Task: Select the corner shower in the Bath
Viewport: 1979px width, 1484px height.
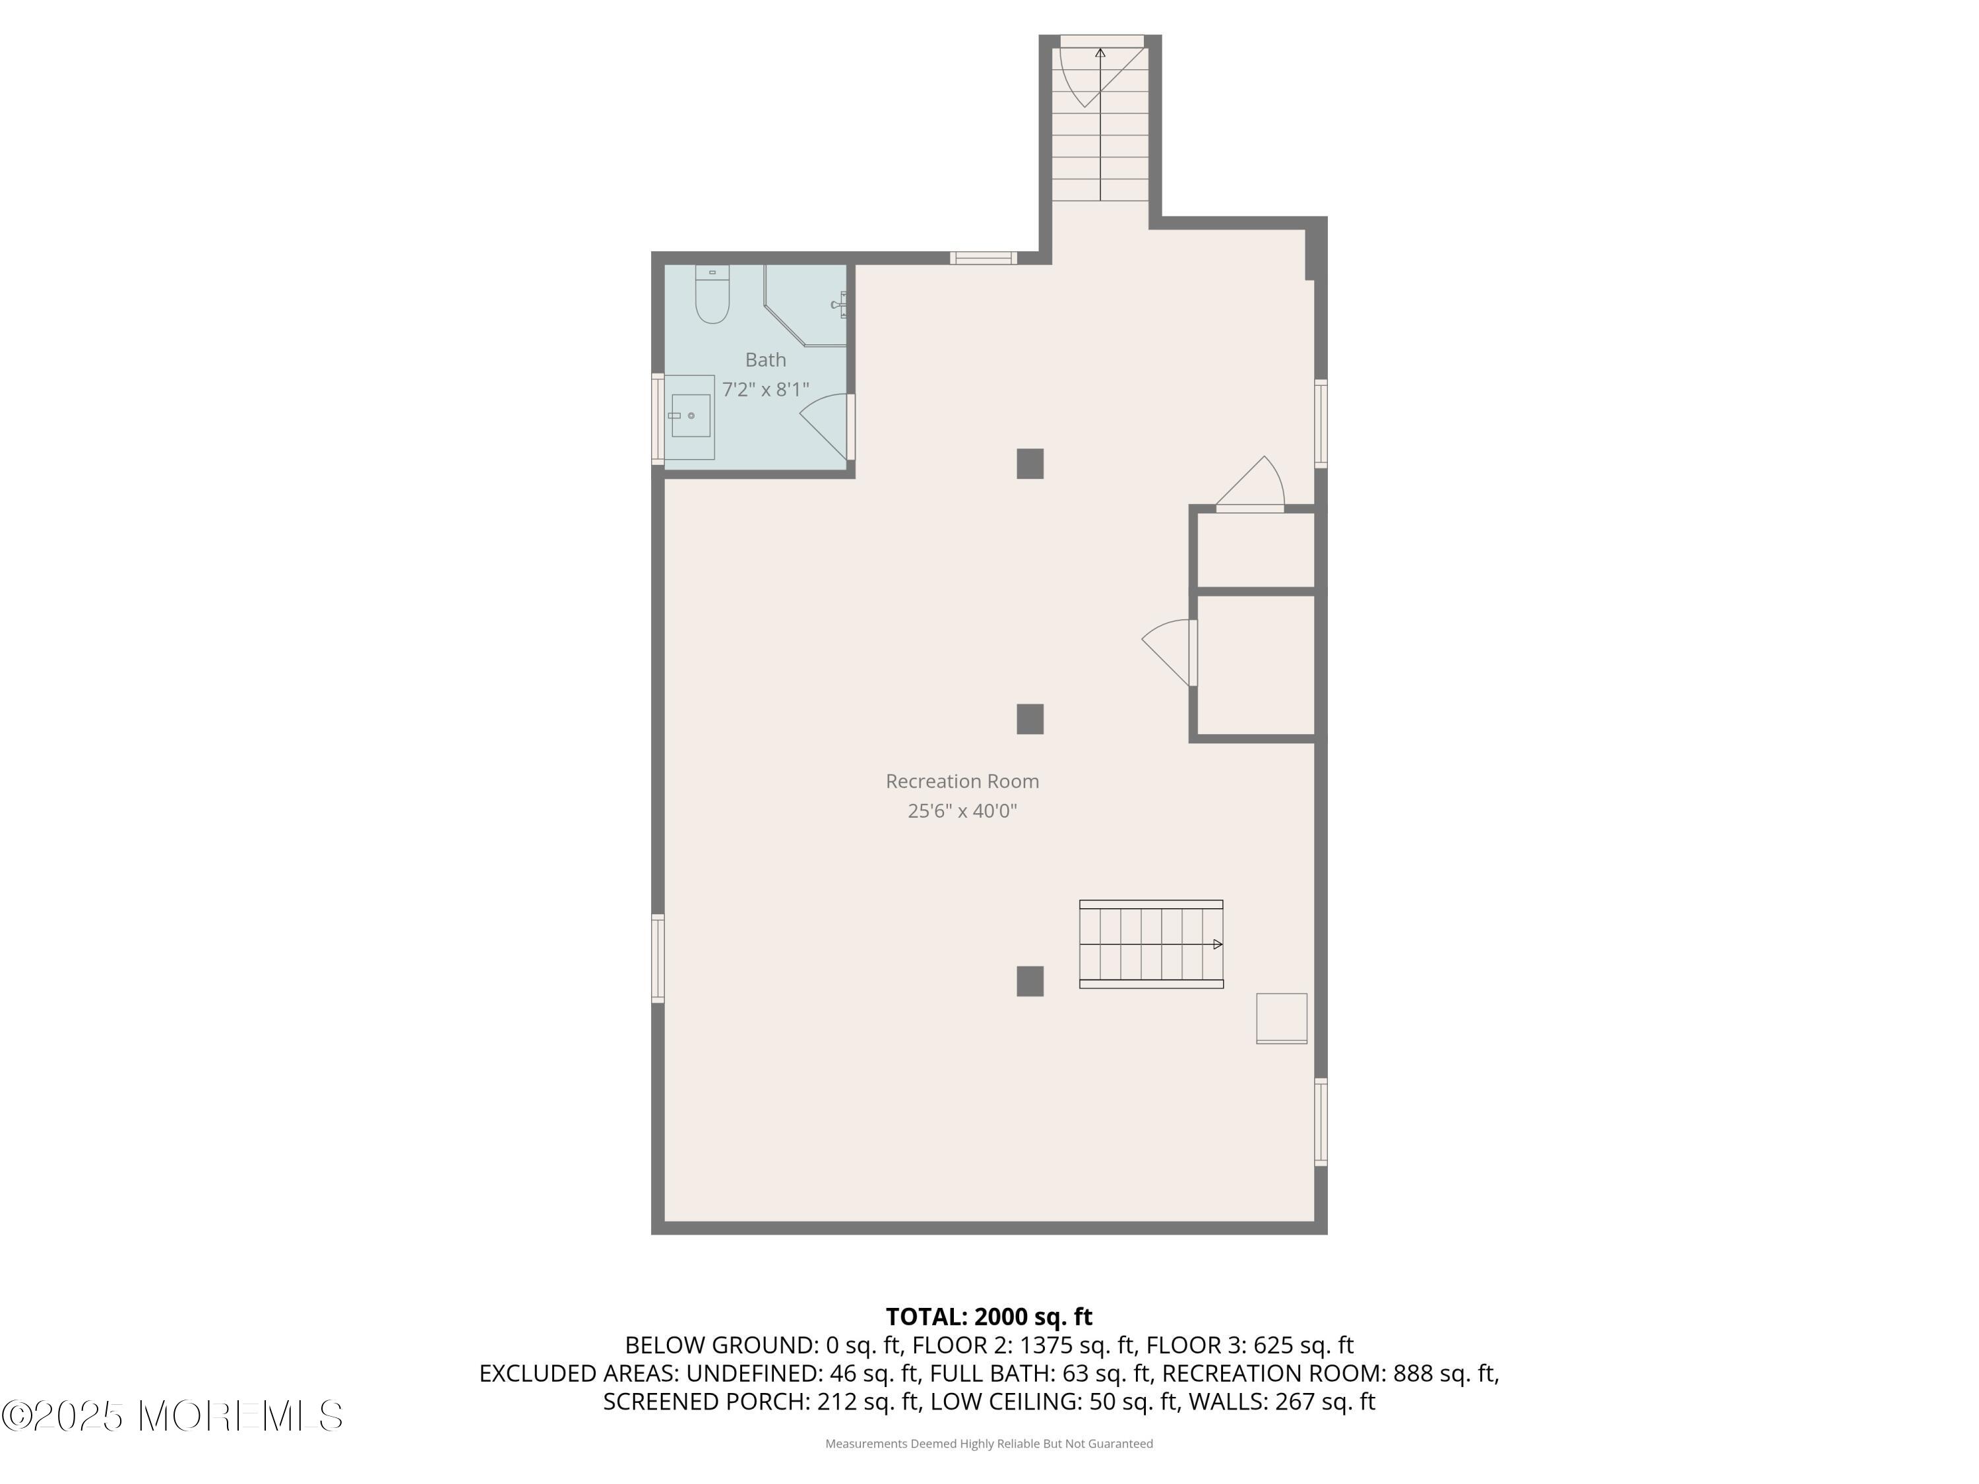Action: [x=805, y=305]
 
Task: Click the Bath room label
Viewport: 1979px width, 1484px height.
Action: [x=766, y=359]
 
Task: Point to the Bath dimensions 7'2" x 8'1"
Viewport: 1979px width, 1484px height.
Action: [x=766, y=389]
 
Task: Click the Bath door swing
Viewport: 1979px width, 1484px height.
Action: [x=823, y=427]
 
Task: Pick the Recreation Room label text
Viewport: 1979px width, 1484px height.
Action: [x=962, y=781]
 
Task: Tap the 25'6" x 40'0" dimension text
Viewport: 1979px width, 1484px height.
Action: [x=962, y=811]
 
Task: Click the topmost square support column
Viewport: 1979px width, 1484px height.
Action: [x=1030, y=464]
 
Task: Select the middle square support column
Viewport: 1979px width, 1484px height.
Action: [x=1030, y=719]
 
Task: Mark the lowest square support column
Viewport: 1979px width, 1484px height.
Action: [x=1030, y=981]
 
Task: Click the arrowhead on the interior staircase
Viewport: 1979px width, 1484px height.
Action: [x=1218, y=944]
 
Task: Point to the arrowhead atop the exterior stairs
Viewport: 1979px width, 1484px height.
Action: [x=1100, y=53]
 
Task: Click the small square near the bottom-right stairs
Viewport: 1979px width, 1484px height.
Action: [x=1281, y=1018]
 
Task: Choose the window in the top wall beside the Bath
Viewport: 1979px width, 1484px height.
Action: [x=984, y=259]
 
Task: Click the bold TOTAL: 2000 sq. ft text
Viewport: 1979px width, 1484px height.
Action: [x=989, y=1316]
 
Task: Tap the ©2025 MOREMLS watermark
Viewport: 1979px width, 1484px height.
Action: [x=172, y=1416]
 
